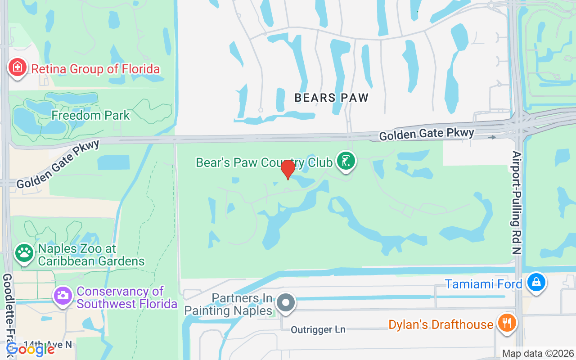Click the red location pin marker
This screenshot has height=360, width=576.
[288, 169]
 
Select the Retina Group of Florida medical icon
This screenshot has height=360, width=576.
[17, 68]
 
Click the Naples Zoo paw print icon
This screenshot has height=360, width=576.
[24, 252]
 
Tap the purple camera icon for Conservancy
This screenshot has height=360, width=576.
[63, 296]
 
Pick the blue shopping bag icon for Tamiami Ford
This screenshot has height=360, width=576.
[536, 282]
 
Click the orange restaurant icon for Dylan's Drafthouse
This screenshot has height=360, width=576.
[507, 323]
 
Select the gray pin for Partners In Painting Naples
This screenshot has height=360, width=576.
[285, 302]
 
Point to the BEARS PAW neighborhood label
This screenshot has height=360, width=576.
[332, 98]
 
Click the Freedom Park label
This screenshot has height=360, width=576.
[90, 115]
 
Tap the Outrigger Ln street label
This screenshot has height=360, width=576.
[318, 330]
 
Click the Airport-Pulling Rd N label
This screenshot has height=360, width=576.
[517, 202]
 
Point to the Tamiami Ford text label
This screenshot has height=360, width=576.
[483, 284]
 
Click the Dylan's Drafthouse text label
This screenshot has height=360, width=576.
[441, 324]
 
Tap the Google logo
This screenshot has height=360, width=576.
[31, 349]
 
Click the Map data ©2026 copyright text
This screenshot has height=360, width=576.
[538, 353]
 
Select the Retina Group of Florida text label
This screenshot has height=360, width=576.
[95, 69]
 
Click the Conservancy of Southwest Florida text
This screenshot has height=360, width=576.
[127, 297]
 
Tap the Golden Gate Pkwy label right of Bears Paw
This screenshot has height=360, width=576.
[427, 134]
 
